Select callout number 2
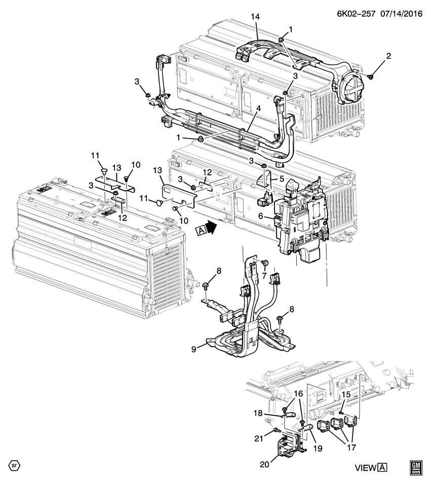pos(388,56)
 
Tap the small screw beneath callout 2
pos(371,76)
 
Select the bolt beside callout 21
pos(276,430)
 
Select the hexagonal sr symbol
pos(12,464)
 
